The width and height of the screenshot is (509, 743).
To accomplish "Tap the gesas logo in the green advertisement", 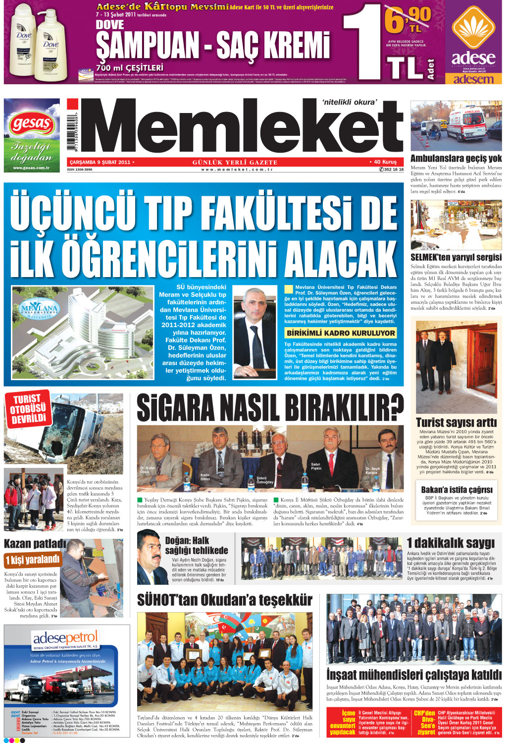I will point(32,124).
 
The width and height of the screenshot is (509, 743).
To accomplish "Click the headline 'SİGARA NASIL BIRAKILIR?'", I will point(270,408).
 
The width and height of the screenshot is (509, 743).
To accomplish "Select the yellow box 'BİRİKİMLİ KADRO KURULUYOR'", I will point(341,333).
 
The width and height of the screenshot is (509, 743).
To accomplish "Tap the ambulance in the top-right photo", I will point(468,123).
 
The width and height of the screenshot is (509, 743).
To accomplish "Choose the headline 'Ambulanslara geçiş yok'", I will point(456,159).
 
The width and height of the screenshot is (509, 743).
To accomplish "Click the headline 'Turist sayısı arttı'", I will point(456,422).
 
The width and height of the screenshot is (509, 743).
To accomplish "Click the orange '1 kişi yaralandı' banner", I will point(33,560).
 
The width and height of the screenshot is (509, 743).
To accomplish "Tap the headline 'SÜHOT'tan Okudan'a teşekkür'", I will point(225,600).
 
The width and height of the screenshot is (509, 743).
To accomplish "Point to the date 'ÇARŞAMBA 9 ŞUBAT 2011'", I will point(101,162).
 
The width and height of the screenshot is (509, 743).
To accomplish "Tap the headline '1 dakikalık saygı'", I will point(451,543).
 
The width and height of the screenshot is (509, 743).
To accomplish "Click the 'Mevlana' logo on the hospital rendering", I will point(40,310).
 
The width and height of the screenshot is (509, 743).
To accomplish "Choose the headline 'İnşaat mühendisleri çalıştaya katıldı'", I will point(414,675).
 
